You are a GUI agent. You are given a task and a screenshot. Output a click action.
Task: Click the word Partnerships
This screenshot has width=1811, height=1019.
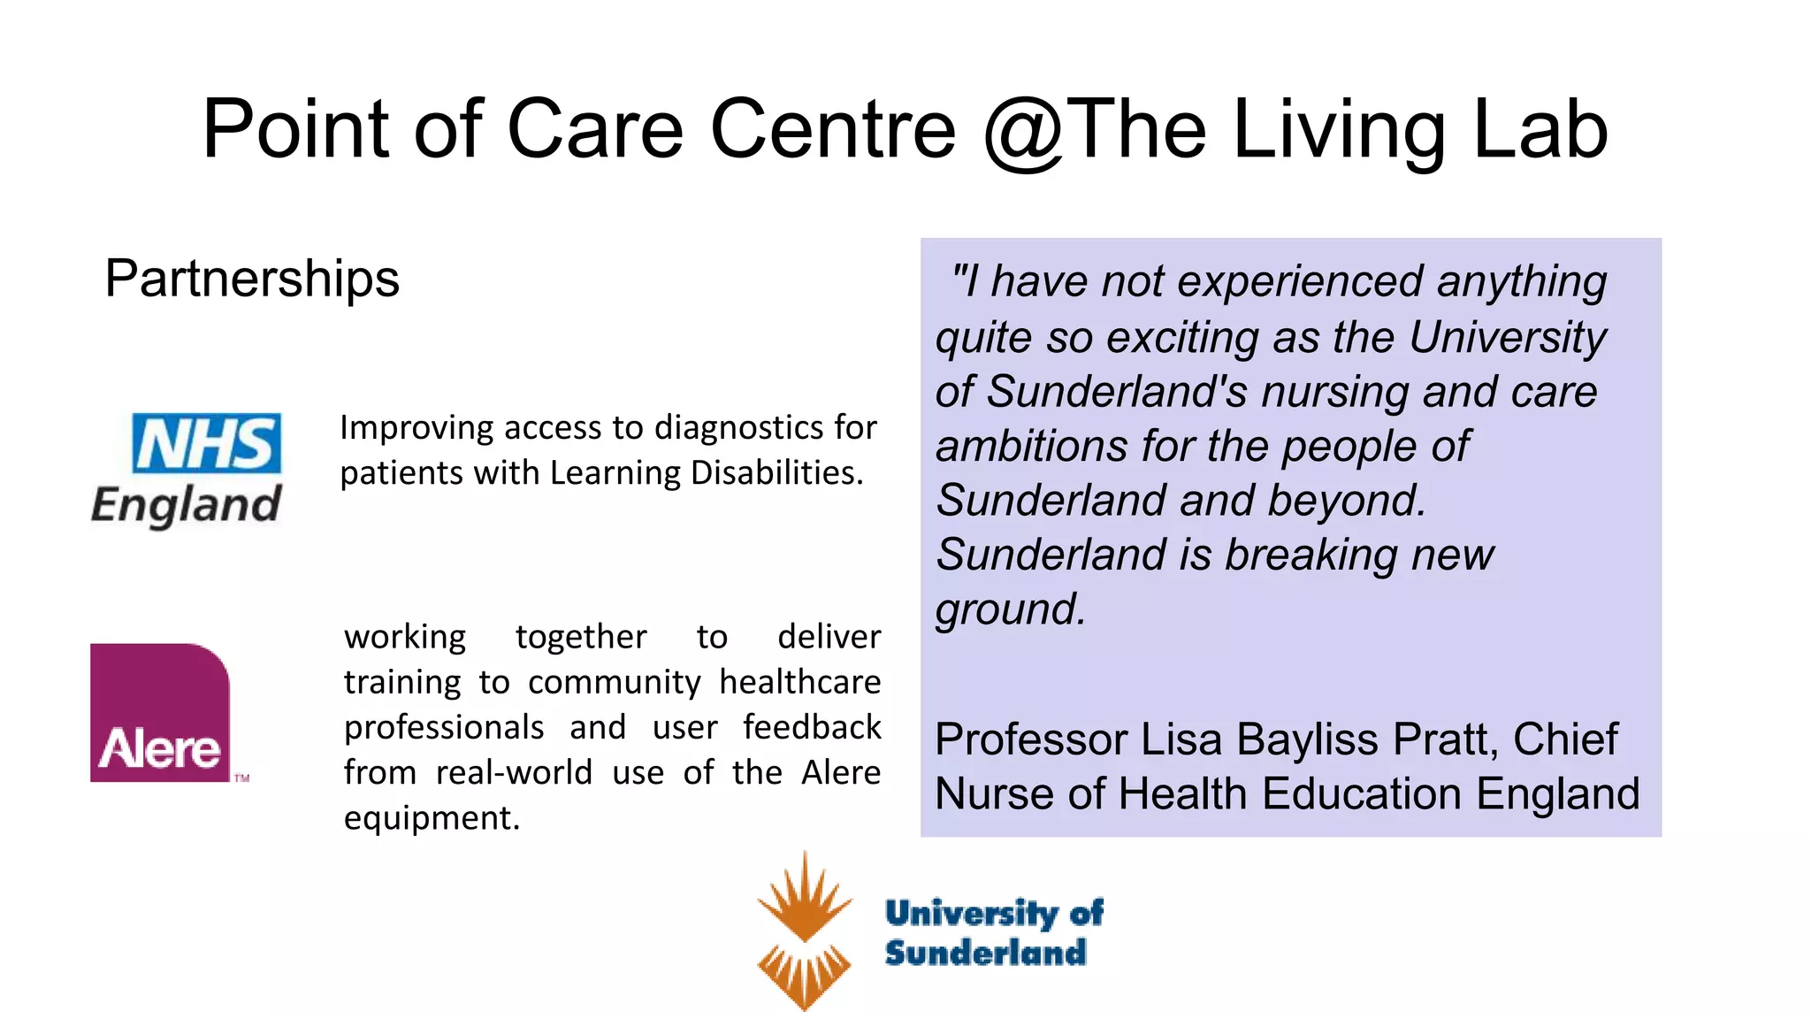tap(252, 279)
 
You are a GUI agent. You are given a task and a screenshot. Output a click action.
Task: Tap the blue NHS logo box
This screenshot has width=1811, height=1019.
tap(207, 443)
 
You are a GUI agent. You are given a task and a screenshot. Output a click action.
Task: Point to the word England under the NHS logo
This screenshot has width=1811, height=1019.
tap(187, 505)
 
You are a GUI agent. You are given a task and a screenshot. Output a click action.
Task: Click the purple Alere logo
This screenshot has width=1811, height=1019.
tap(160, 713)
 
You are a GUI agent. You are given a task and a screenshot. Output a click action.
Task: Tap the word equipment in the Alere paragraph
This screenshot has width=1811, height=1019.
tap(432, 818)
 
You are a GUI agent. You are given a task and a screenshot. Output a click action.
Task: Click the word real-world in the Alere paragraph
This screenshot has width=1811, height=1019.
tap(515, 773)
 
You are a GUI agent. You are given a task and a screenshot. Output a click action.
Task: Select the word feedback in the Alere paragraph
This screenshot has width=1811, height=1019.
tap(812, 727)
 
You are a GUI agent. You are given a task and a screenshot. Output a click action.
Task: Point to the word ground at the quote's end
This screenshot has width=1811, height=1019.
tap(1010, 609)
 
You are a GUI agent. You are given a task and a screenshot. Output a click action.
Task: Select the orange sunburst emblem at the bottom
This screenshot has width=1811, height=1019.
tap(804, 931)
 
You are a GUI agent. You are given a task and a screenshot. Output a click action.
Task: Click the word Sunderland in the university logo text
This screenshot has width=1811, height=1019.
tap(985, 953)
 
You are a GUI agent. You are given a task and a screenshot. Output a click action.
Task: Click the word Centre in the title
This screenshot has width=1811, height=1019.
tap(833, 131)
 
